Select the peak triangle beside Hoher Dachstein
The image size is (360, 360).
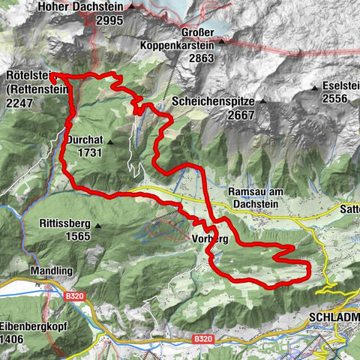pyautogui.click(x=132, y=7)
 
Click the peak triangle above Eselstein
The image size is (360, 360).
pyautogui.click(x=315, y=88)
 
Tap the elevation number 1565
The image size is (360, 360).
pyautogui.click(x=76, y=236)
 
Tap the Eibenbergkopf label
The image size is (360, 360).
pyautogui.click(x=30, y=307)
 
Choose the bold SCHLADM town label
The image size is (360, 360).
pyautogui.click(x=333, y=318)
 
